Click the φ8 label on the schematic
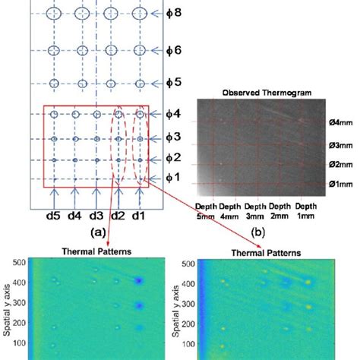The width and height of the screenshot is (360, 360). click(175, 14)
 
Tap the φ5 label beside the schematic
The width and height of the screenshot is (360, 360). click(175, 82)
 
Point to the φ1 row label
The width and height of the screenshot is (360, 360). click(175, 178)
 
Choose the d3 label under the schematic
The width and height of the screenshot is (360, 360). click(96, 216)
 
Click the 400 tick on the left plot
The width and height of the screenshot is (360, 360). click(20, 280)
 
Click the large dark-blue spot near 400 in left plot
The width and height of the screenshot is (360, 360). click(139, 280)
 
